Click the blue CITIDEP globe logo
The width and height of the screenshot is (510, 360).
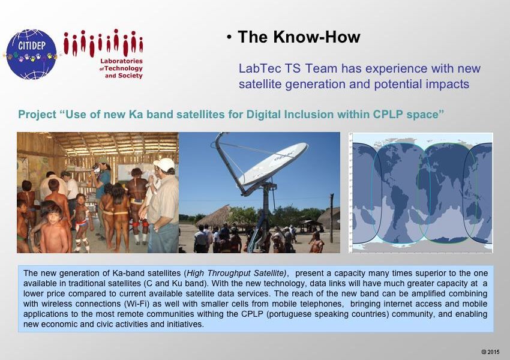click(32, 55)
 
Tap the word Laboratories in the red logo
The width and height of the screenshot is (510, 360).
click(121, 61)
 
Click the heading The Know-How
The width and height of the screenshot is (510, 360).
click(299, 37)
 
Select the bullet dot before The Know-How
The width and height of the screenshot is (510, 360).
click(229, 38)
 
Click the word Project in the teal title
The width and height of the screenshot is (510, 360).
click(37, 115)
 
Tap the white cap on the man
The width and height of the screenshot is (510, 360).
click(164, 164)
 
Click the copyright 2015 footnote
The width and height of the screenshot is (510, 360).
click(490, 352)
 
